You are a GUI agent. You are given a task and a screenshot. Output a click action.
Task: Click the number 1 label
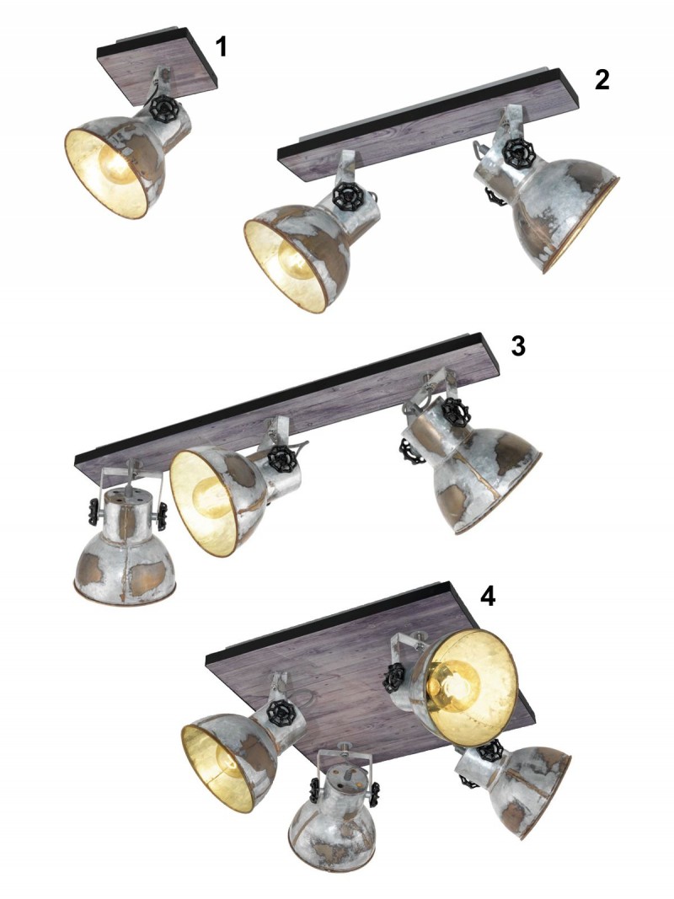click(x=222, y=46)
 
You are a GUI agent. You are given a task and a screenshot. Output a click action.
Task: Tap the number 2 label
click(x=602, y=80)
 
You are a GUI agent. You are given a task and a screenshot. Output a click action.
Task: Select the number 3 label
click(x=517, y=345)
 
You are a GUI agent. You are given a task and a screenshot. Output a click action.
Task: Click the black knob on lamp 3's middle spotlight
click(x=281, y=458)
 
